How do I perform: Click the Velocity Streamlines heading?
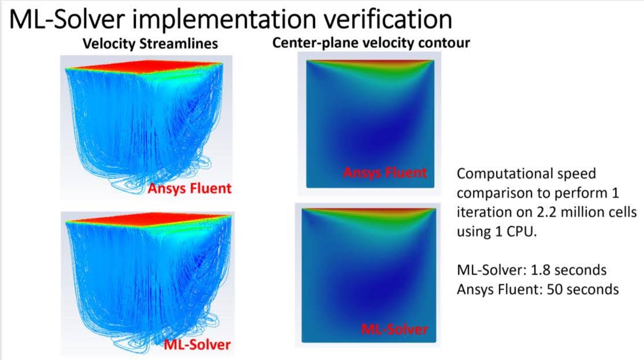[x=150, y=43]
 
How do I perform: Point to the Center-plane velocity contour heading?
[x=371, y=43]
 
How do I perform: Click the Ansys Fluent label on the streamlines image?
[x=190, y=188]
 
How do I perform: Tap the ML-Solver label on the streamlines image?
[x=197, y=344]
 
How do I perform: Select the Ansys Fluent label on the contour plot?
[x=385, y=172]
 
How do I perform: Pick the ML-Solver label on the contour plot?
[x=394, y=329]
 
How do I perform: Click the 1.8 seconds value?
[x=569, y=270]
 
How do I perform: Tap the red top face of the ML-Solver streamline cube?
[x=149, y=217]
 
